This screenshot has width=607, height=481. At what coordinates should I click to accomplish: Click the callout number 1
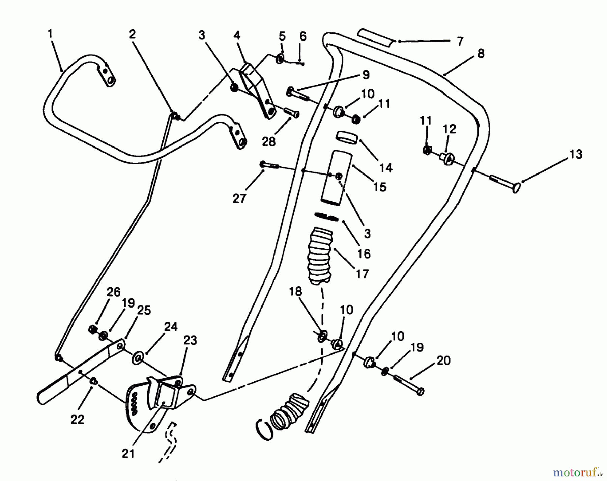coord(50,34)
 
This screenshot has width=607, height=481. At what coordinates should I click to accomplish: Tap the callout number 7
coord(460,41)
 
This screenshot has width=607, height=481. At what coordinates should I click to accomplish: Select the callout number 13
coord(576,154)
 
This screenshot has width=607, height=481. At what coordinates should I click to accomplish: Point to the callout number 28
coord(269,142)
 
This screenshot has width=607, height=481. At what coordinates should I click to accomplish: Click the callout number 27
coord(239,198)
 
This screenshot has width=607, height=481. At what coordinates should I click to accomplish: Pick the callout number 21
coord(128,454)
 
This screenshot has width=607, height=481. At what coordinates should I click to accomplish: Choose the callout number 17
coord(362,274)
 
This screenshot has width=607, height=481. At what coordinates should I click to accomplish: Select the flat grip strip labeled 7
coord(375,38)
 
